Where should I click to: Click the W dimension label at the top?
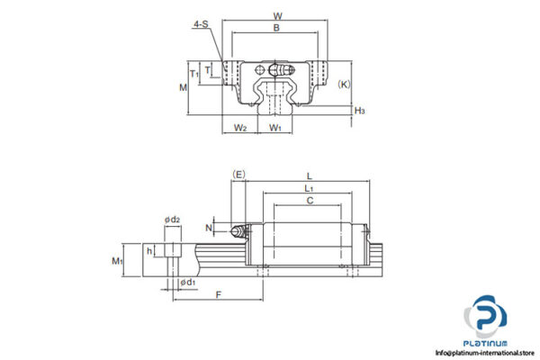[277, 14]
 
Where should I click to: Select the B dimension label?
[276, 29]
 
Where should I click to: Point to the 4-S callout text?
[201, 24]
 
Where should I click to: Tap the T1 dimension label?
[193, 73]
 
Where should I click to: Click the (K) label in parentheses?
[344, 83]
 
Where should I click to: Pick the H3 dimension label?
[360, 111]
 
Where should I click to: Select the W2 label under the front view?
[240, 127]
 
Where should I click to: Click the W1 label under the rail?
[275, 127]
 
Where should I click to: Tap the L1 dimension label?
[308, 188]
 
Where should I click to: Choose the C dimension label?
[310, 202]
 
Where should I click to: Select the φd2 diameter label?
[172, 220]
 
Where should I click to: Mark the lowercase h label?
[149, 251]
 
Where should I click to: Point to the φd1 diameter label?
[187, 283]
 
